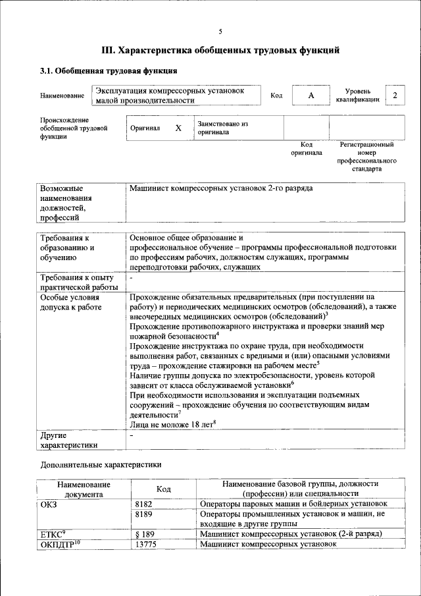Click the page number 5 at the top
pyautogui.click(x=220, y=32)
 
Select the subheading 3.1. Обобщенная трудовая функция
pyautogui.click(x=109, y=70)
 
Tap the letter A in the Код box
pyautogui.click(x=311, y=95)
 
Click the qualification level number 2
pyautogui.click(x=395, y=95)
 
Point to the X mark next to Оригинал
pyautogui.click(x=178, y=128)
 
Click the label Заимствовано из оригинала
pyautogui.click(x=222, y=128)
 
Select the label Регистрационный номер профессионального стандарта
pyautogui.click(x=366, y=156)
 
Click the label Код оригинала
pyautogui.click(x=307, y=148)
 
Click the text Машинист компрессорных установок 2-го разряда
pyautogui.click(x=221, y=188)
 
